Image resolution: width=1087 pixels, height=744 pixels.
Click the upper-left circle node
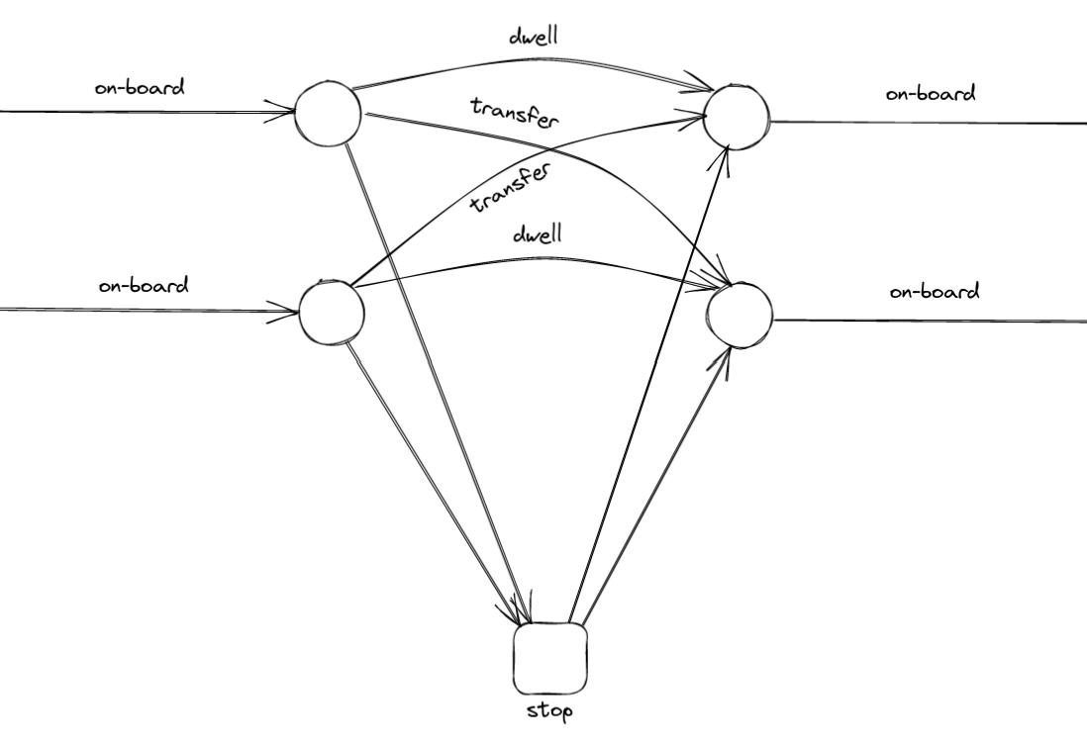click(329, 114)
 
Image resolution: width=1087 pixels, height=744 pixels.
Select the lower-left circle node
click(332, 312)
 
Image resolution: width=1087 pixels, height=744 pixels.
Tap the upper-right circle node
click(737, 117)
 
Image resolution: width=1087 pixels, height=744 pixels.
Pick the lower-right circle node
click(740, 315)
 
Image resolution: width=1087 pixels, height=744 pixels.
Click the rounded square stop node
click(550, 658)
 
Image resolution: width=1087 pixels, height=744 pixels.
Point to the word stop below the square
click(550, 710)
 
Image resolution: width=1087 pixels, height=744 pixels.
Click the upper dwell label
click(534, 37)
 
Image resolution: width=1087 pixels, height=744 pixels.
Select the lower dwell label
click(538, 234)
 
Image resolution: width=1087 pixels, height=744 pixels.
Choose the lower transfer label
click(510, 188)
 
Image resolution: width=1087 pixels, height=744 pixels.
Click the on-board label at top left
click(140, 87)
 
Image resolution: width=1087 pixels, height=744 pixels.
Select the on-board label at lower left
click(144, 286)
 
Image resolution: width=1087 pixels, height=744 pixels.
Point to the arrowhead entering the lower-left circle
click(288, 312)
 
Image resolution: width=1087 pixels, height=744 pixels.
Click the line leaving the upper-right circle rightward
click(931, 123)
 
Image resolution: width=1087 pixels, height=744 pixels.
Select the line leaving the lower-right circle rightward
click(931, 321)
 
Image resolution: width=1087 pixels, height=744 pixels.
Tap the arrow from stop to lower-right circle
click(658, 485)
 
